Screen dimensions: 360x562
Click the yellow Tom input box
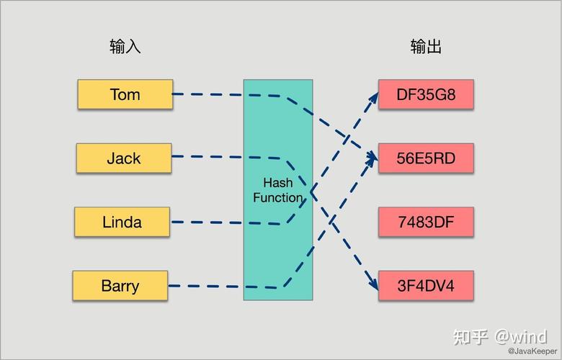pos(125,94)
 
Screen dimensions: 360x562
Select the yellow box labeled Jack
pos(124,158)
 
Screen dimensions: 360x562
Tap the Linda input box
pos(122,222)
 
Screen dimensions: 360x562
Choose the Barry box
pos(120,286)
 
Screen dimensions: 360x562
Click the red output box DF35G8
pos(426,94)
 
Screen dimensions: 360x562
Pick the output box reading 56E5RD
pos(426,158)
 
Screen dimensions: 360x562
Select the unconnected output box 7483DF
pos(426,222)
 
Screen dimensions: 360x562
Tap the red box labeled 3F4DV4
pos(426,286)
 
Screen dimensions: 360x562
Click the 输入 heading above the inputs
pos(125,47)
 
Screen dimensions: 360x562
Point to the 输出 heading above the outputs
pos(426,47)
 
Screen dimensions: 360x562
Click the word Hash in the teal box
pos(277,183)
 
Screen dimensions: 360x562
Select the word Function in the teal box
pos(277,197)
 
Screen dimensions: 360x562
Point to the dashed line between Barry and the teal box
pos(205,286)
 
